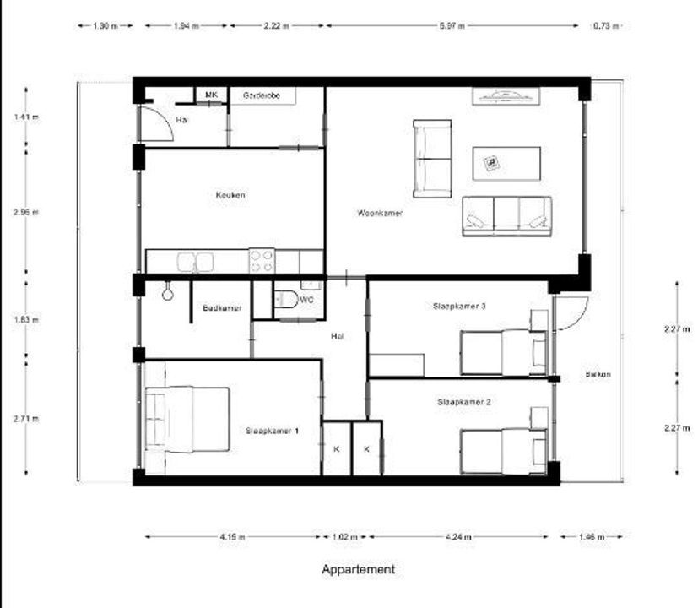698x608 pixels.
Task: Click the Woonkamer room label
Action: click(x=380, y=214)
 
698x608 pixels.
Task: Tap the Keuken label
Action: click(x=230, y=195)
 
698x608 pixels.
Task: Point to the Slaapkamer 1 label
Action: click(x=272, y=431)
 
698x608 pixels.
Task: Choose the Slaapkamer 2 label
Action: click(x=463, y=403)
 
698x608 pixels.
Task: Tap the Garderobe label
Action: click(x=262, y=95)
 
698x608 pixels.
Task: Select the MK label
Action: click(x=211, y=95)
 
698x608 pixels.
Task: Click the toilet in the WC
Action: click(x=285, y=300)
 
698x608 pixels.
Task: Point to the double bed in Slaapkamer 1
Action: click(x=188, y=420)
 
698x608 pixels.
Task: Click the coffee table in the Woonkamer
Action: click(x=506, y=163)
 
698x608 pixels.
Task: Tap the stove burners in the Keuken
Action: click(x=261, y=260)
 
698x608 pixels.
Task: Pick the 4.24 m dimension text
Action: click(x=459, y=536)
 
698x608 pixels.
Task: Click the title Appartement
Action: click(x=358, y=569)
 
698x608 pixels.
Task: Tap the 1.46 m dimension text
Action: click(x=592, y=536)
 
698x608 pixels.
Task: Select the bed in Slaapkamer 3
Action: click(x=503, y=351)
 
